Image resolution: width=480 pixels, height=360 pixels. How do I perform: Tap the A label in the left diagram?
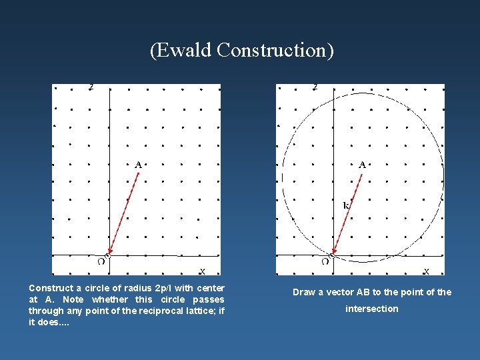click(138, 164)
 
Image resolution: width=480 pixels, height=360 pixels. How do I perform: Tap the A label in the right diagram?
click(362, 164)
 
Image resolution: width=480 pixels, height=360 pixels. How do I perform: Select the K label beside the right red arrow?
click(346, 206)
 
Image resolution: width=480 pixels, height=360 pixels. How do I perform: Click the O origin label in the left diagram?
click(101, 262)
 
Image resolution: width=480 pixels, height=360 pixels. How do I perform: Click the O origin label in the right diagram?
click(325, 262)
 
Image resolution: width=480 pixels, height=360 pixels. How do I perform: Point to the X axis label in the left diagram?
click(202, 271)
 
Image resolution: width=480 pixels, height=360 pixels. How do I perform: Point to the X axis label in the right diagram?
click(426, 271)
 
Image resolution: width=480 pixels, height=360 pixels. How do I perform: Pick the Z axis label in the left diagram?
click(91, 87)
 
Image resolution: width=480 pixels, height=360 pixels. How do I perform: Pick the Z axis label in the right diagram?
click(315, 87)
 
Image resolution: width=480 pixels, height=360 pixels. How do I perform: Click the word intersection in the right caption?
click(371, 309)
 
